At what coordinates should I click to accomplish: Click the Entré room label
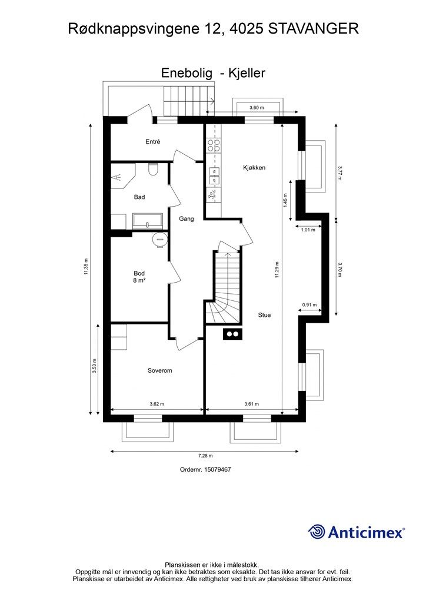[x=152, y=141]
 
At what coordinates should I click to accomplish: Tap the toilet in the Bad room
[x=153, y=169]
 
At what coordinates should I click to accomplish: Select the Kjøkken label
[x=254, y=168]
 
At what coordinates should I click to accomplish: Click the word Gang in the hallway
[x=187, y=219]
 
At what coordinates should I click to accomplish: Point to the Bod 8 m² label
[x=139, y=277]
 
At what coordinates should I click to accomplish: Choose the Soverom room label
[x=160, y=371]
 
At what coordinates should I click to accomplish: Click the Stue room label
[x=264, y=315]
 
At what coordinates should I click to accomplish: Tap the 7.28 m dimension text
[x=205, y=456]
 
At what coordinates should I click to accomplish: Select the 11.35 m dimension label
[x=86, y=267]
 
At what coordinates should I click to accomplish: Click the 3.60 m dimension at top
[x=257, y=108]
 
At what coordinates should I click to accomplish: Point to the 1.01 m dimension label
[x=308, y=230]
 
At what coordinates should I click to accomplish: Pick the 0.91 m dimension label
[x=309, y=305]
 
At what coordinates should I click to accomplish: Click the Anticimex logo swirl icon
[x=317, y=532]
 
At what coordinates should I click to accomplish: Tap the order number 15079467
[x=218, y=469]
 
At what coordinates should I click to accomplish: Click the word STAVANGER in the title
[x=313, y=29]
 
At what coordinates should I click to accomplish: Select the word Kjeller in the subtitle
[x=247, y=72]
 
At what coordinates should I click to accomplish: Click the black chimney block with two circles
[x=232, y=334]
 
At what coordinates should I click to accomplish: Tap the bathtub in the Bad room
[x=148, y=221]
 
